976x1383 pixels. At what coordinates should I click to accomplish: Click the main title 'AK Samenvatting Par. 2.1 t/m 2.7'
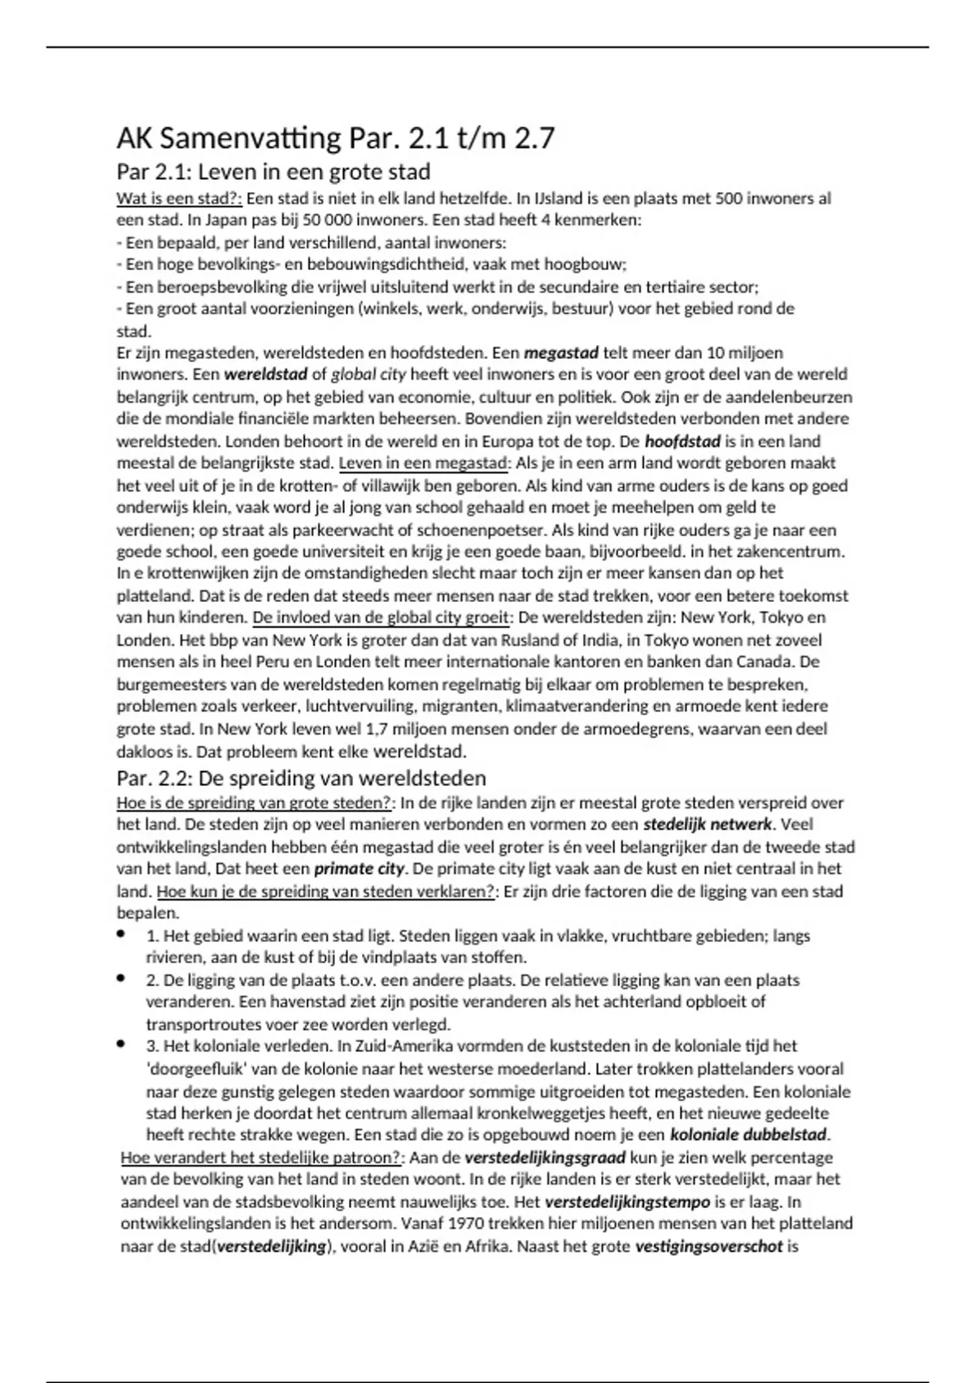click(335, 139)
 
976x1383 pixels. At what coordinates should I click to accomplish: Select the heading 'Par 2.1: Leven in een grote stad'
click(273, 172)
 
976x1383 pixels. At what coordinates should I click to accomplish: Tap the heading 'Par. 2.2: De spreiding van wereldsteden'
click(301, 778)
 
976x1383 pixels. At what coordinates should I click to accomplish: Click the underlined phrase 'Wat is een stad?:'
click(179, 199)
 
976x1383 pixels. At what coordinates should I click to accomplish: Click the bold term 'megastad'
click(561, 353)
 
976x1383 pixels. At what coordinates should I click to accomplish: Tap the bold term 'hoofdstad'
click(682, 442)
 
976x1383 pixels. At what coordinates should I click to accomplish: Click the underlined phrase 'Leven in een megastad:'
click(424, 464)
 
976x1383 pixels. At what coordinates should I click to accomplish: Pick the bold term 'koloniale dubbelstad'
click(748, 1135)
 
